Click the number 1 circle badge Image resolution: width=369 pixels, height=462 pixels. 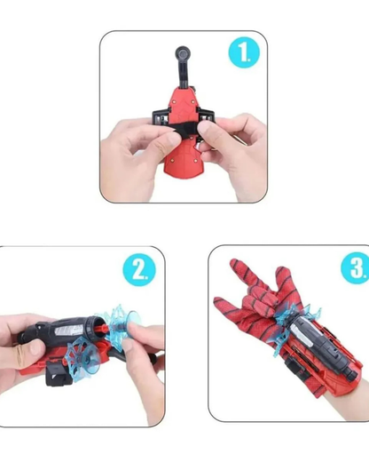coord(244,52)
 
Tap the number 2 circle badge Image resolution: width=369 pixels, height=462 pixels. coord(139,270)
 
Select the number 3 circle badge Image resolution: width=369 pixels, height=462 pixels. coord(356,268)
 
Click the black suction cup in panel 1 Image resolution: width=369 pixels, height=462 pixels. coord(183,53)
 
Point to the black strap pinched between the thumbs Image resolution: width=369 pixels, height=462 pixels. coord(184,131)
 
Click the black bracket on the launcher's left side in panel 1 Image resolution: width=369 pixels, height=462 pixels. coord(161,119)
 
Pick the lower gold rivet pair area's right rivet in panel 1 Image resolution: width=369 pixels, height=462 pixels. coord(195,161)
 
